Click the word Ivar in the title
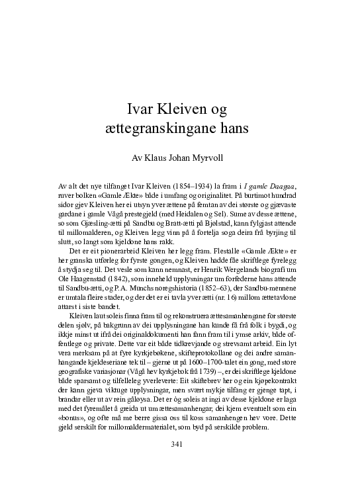(140, 108)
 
